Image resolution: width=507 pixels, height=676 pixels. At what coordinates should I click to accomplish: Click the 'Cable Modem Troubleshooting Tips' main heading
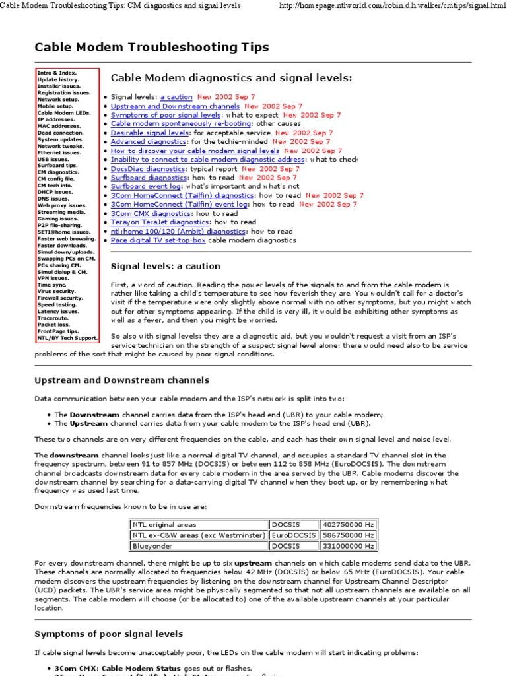click(152, 47)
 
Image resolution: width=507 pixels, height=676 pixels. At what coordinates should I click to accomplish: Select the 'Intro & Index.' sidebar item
click(57, 73)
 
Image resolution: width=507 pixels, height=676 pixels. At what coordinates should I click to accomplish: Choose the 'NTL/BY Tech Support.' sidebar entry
click(67, 338)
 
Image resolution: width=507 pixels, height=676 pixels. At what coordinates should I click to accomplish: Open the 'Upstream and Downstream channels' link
click(175, 106)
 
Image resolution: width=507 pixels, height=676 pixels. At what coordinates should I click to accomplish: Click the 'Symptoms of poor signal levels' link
click(166, 115)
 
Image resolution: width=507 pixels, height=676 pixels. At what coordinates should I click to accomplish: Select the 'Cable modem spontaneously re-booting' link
click(181, 123)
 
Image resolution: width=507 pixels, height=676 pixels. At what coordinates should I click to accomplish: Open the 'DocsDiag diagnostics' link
click(149, 168)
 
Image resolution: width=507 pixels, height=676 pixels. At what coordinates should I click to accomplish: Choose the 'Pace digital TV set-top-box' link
click(158, 240)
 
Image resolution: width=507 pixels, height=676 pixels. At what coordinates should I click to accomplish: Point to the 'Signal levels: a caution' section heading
click(165, 266)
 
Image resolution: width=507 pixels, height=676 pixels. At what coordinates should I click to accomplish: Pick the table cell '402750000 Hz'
click(348, 525)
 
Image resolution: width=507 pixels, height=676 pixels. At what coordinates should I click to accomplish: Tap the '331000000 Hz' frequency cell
click(348, 546)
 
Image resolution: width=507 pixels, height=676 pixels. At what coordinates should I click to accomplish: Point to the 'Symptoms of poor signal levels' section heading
click(108, 634)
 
